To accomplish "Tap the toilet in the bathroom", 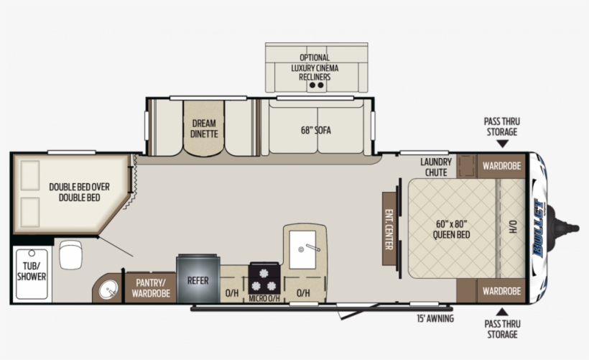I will (x=70, y=254).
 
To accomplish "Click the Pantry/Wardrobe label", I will (x=151, y=287).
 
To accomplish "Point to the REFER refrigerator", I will (x=198, y=280).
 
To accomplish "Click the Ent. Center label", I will (x=389, y=229).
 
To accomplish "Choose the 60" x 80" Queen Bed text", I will (x=453, y=229).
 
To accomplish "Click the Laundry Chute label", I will (x=436, y=167).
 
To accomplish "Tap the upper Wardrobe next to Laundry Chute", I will (x=501, y=166).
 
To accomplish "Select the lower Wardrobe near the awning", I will (x=501, y=291).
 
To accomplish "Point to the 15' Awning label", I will (x=435, y=318).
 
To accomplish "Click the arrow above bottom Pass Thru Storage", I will (x=501, y=311).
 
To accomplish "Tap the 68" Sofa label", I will (x=316, y=130).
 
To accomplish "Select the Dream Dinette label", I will (x=203, y=128).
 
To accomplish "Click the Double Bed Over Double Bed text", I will (x=79, y=192).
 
